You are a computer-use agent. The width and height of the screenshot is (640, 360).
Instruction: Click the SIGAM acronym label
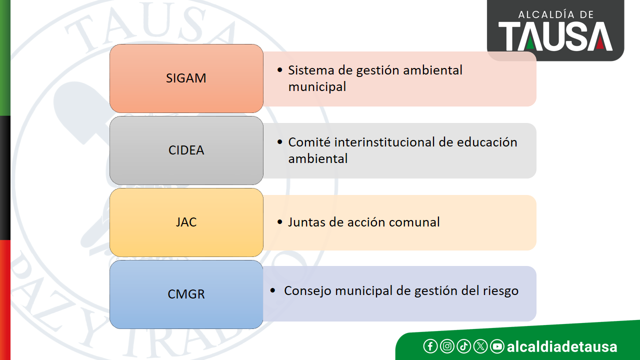click(186, 78)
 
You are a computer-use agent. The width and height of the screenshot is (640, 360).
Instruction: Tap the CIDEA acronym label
click(186, 150)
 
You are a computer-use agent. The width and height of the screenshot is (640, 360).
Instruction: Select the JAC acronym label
click(186, 222)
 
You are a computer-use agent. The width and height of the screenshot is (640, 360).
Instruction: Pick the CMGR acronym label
click(186, 294)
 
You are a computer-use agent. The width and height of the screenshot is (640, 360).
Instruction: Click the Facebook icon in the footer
click(430, 346)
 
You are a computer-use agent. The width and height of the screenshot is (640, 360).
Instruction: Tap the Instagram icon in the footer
click(447, 346)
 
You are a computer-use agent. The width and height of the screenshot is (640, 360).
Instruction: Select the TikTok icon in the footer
click(463, 346)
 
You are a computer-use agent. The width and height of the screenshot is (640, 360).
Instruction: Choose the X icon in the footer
click(480, 346)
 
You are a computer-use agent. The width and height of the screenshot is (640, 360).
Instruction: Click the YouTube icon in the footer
click(497, 346)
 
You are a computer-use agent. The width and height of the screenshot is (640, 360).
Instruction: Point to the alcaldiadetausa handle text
click(561, 346)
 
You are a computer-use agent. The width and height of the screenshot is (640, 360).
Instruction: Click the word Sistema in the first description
click(311, 70)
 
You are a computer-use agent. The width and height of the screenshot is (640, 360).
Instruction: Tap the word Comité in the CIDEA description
click(309, 142)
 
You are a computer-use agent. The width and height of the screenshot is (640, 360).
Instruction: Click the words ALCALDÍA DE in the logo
click(556, 14)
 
